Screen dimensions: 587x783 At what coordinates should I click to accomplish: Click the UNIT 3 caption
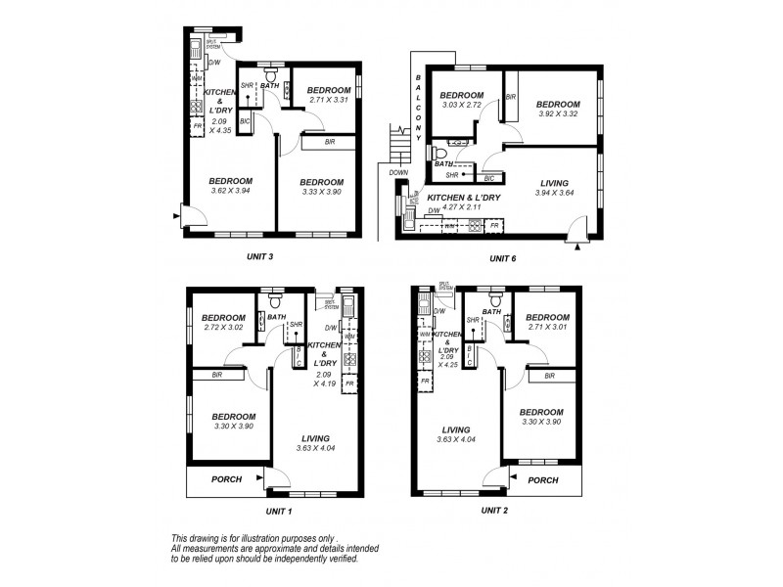(x=257, y=256)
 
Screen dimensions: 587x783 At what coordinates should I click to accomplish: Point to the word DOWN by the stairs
(x=398, y=172)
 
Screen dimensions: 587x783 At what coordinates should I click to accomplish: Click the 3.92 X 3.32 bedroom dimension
(x=558, y=113)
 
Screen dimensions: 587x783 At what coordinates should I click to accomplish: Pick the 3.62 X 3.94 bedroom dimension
(x=231, y=192)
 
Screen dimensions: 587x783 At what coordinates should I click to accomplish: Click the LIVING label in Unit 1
(x=316, y=438)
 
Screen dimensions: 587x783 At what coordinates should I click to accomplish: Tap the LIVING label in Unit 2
(x=456, y=429)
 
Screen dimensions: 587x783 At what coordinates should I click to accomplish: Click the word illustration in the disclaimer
(x=271, y=538)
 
